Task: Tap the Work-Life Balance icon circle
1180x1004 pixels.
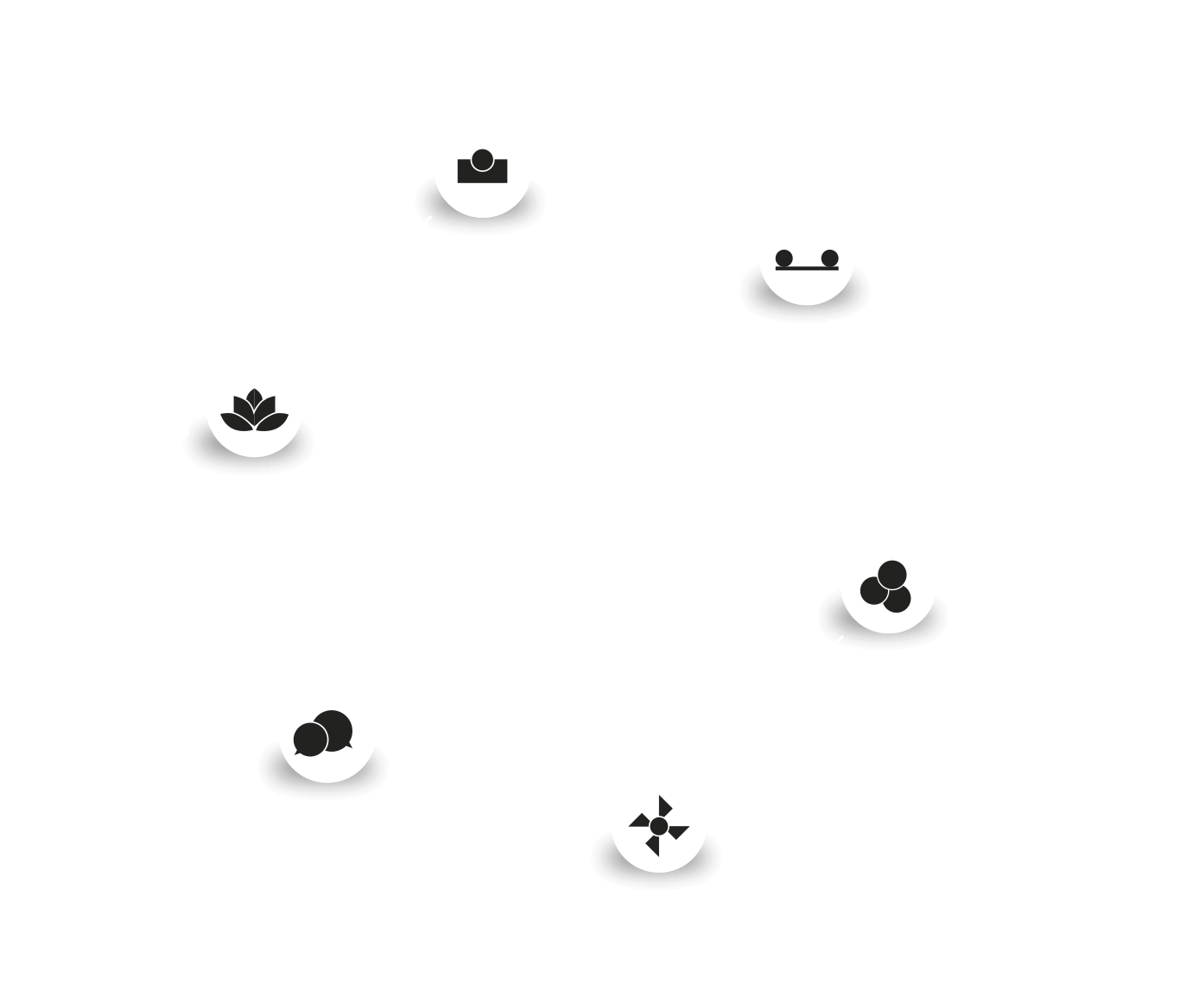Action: (807, 257)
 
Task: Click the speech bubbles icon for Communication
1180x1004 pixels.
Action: (328, 734)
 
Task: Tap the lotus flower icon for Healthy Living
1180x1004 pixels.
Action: (255, 408)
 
